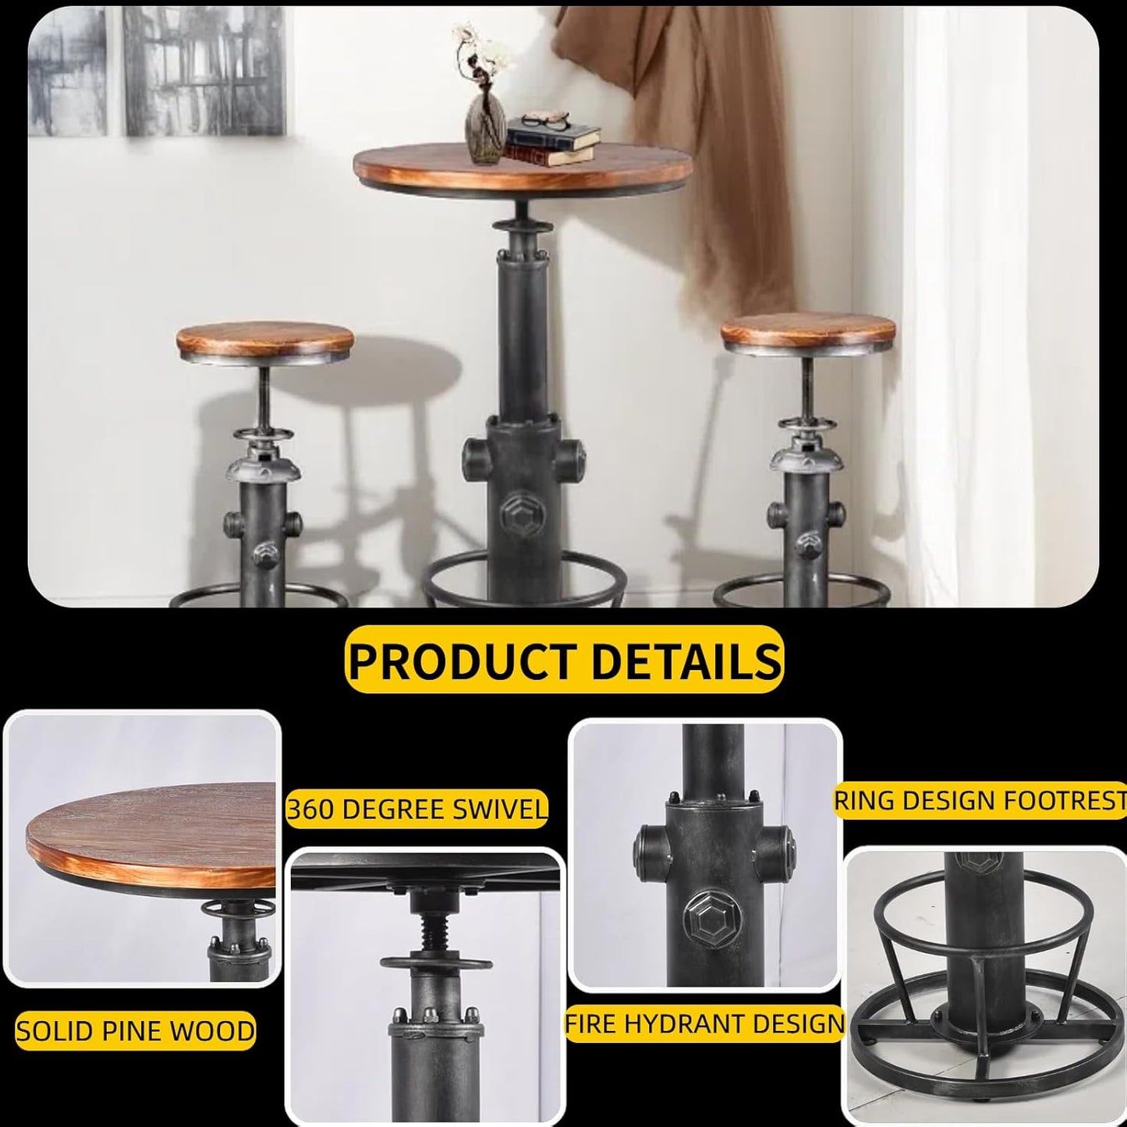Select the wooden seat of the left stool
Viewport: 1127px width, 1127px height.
264,341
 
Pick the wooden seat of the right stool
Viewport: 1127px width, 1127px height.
808,331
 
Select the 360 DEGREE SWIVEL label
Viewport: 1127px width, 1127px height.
416,810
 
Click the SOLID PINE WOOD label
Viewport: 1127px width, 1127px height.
136,1031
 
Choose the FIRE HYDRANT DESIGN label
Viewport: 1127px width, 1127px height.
705,1023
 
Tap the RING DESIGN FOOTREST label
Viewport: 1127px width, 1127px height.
980,800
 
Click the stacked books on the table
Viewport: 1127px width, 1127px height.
552,145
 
